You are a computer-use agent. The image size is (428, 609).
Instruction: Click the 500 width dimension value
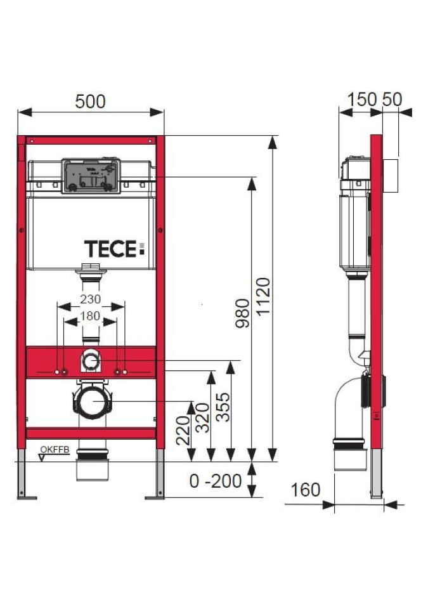[x=90, y=101]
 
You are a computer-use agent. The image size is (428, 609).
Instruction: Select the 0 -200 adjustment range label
[x=215, y=481]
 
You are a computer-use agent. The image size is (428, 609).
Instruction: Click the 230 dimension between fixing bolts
[x=91, y=299]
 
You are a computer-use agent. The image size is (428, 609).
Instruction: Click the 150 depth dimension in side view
[x=362, y=100]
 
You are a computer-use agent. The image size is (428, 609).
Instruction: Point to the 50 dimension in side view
[x=392, y=100]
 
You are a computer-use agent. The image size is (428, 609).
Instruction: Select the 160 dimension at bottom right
[x=305, y=490]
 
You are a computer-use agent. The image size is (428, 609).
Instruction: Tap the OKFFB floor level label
[x=55, y=450]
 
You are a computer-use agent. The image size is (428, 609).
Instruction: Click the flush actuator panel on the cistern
[x=90, y=174]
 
